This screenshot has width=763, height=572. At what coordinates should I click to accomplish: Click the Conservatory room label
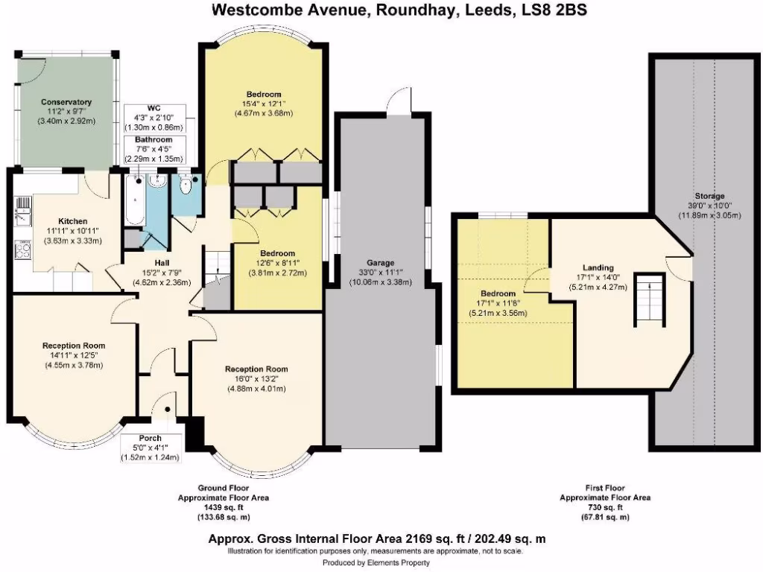coord(66,102)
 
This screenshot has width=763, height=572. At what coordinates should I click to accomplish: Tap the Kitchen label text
coord(74,221)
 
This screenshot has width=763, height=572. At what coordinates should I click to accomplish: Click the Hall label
coord(162,263)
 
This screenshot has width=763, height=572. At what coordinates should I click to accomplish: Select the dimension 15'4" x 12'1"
coord(265,104)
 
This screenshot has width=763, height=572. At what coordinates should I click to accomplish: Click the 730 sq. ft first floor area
coord(605,507)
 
